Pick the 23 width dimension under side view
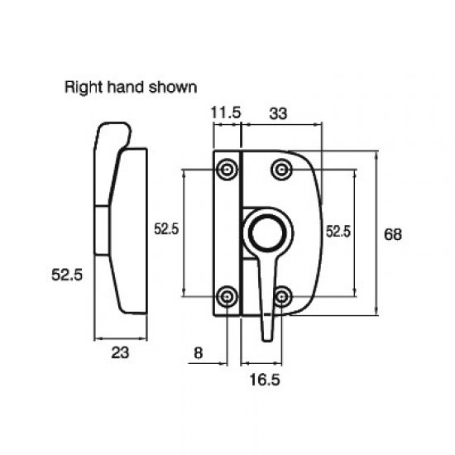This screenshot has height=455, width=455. point(121,353)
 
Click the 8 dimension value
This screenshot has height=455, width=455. point(199,353)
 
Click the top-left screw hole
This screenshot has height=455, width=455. point(227,170)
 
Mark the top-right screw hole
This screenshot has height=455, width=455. point(283,170)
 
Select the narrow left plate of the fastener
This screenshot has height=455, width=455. point(227,232)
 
